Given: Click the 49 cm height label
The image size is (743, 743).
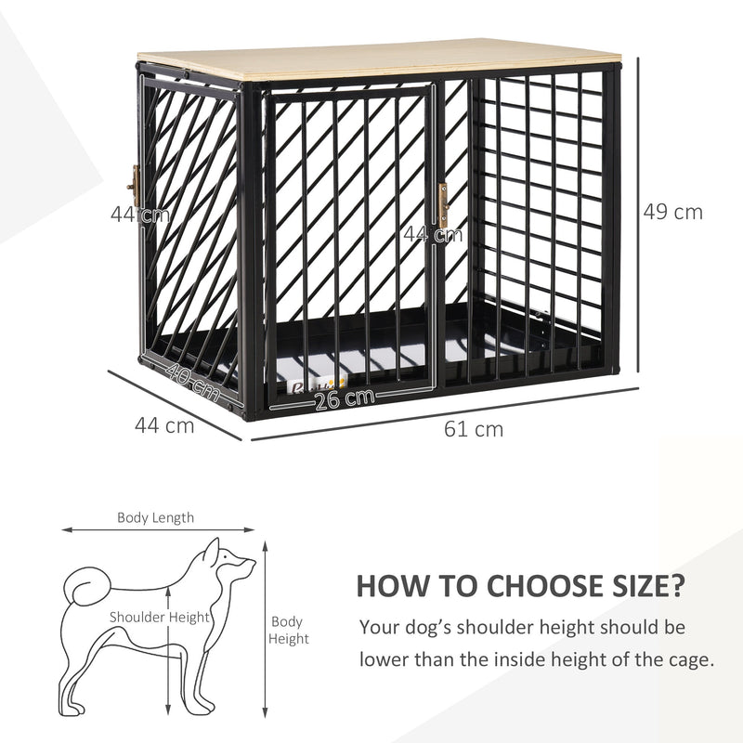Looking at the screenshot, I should click(673, 212).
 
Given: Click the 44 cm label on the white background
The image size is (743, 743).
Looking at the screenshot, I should click(164, 426).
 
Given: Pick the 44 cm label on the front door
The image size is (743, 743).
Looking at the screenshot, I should click(432, 234).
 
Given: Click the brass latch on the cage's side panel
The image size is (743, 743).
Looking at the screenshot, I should click(134, 189).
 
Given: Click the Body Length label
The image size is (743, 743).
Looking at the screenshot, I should click(155, 518).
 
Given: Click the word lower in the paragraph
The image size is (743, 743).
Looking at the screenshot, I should click(385, 659).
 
